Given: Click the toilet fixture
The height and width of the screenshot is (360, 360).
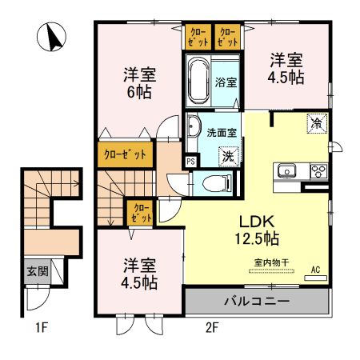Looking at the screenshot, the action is pyautogui.click(x=218, y=183).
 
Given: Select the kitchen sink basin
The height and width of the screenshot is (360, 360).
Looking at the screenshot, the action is pyautogui.click(x=286, y=170).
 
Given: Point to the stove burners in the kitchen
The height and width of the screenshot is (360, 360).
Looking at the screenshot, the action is pyautogui.click(x=319, y=170).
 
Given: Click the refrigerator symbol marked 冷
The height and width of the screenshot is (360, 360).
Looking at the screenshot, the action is pyautogui.click(x=317, y=123).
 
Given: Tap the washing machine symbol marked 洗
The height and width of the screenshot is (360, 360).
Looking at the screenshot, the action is pyautogui.click(x=229, y=157).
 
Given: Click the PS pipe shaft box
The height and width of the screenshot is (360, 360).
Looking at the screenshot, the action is pyautogui.click(x=191, y=162).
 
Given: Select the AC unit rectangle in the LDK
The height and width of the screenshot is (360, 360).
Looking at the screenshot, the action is pyautogui.click(x=316, y=278).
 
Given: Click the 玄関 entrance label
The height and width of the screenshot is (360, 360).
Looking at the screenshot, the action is pyautogui.click(x=38, y=271).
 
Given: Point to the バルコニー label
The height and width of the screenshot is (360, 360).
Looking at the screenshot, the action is pyautogui.click(x=257, y=302).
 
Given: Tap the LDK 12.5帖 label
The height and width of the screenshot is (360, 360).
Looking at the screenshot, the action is pyautogui.click(x=257, y=230).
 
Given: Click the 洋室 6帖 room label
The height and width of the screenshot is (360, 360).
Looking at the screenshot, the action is pyautogui.click(x=139, y=83).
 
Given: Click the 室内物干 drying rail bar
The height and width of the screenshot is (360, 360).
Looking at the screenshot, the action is pyautogui.click(x=271, y=271).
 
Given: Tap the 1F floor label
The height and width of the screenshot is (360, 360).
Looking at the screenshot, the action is pyautogui.click(x=42, y=327).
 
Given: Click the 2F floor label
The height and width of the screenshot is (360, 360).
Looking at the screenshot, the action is pyautogui.click(x=212, y=327).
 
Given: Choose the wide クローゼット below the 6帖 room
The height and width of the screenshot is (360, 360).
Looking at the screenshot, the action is pyautogui.click(x=126, y=154).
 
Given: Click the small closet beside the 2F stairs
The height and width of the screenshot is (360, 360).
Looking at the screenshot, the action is pyautogui.click(x=141, y=213).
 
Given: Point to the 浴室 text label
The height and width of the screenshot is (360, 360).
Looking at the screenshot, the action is pyautogui.click(x=226, y=82).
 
